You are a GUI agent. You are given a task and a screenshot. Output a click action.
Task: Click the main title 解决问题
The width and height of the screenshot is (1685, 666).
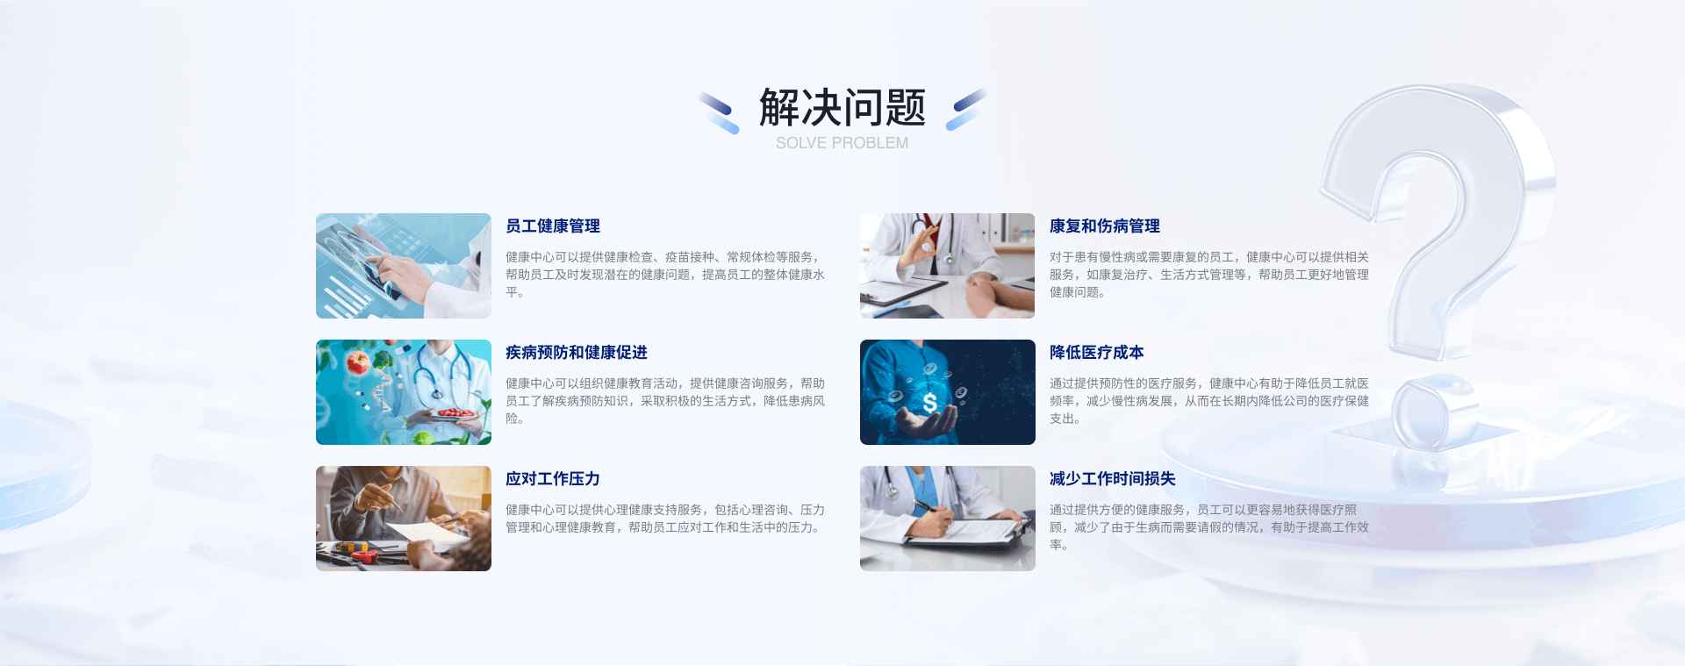tap(842, 107)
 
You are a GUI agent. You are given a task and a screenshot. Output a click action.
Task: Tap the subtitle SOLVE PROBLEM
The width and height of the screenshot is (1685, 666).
tap(842, 143)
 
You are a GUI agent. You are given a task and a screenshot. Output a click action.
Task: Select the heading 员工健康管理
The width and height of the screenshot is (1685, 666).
tap(553, 226)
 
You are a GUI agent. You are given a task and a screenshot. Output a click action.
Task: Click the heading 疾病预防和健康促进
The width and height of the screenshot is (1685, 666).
tap(577, 353)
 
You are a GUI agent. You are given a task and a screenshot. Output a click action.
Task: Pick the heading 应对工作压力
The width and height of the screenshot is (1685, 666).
tap(553, 479)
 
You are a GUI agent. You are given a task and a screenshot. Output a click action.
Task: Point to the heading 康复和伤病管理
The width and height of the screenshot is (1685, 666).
tap(1105, 226)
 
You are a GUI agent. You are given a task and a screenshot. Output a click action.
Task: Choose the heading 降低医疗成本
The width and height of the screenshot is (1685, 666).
tap(1097, 353)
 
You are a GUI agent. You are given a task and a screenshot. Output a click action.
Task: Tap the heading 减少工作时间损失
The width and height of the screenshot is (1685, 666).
tap(1113, 479)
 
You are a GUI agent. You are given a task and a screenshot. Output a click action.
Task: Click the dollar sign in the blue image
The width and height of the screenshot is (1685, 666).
tap(930, 403)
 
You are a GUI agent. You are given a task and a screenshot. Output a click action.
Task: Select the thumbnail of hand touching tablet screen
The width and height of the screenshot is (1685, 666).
tap(404, 266)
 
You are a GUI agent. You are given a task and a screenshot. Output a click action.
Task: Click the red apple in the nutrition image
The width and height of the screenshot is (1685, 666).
tap(358, 362)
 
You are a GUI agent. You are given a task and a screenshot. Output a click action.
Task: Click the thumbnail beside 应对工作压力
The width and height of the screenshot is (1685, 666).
tap(404, 519)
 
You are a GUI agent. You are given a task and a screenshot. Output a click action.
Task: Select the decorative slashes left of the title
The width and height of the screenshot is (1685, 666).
tap(719, 112)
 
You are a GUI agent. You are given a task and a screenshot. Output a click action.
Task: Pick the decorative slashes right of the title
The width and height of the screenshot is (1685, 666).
tap(966, 110)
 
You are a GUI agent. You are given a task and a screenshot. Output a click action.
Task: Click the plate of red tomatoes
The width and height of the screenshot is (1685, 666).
tap(456, 414)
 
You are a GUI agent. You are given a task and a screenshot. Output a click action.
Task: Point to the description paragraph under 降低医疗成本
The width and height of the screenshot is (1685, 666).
tap(1209, 401)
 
